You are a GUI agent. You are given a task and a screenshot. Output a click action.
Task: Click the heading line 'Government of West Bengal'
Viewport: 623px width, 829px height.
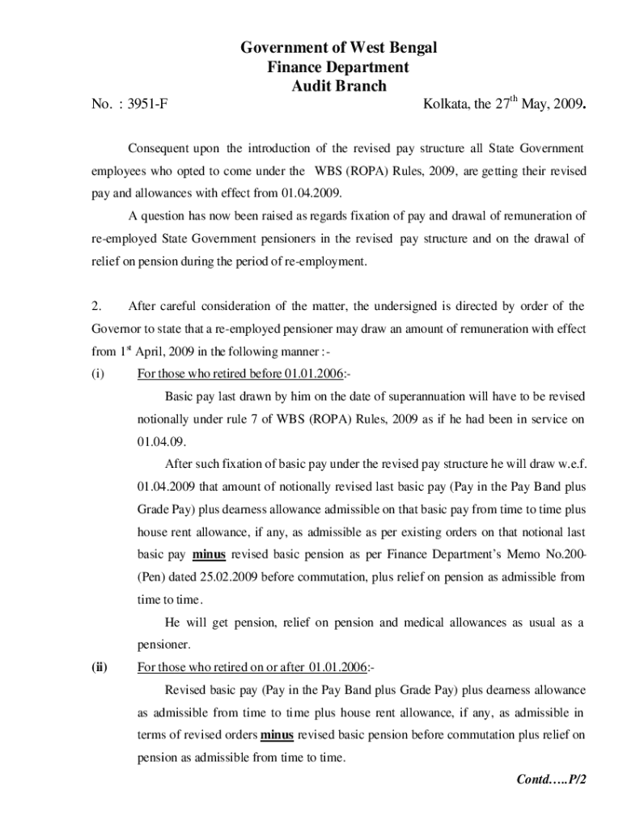click(338, 49)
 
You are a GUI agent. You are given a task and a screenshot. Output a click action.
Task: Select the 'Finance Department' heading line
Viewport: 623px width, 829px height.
click(338, 67)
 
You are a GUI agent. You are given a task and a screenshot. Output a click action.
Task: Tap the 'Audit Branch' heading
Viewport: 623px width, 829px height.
click(338, 86)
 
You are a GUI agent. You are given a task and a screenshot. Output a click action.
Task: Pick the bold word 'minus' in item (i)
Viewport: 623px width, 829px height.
click(210, 556)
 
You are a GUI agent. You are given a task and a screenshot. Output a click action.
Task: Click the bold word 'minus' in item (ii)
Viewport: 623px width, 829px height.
click(277, 736)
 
